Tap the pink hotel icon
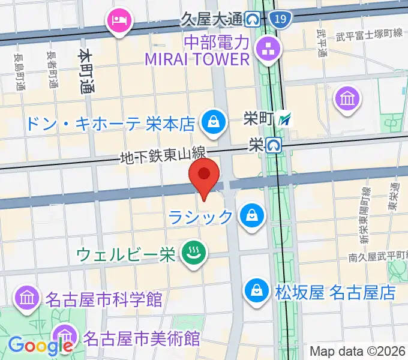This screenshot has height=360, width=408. pos(117,21)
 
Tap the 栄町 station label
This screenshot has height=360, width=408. pos(259,118)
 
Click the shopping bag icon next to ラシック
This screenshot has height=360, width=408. pos(252,215)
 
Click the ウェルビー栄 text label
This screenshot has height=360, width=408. pos(127,254)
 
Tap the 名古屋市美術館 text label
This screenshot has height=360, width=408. pos(142,338)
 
